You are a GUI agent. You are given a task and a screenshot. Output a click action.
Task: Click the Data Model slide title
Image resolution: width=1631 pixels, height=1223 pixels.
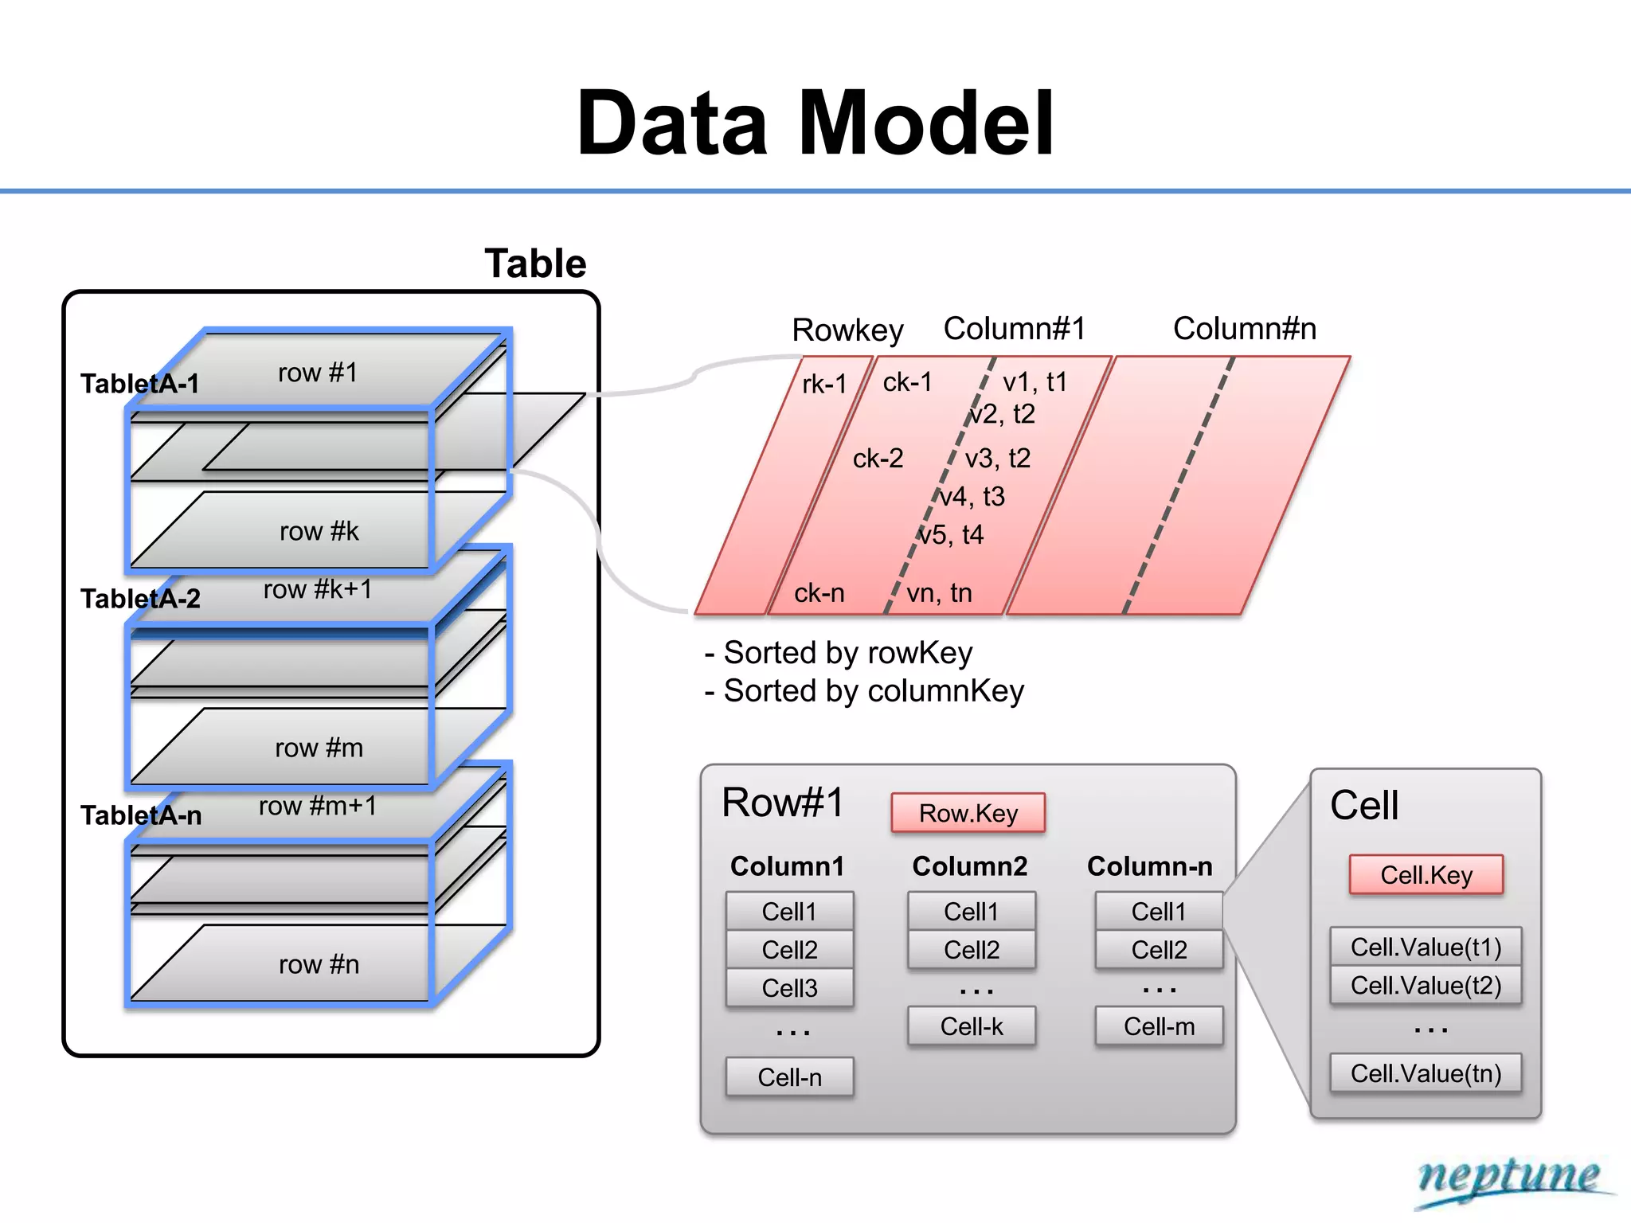pos(815,124)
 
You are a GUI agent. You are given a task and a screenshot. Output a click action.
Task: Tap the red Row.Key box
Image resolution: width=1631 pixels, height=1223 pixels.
pos(968,813)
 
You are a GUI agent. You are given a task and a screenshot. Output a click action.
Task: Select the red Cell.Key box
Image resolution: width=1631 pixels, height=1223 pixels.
pos(1426,875)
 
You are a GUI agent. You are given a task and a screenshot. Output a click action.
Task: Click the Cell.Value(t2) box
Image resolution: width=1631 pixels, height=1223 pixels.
pos(1426,986)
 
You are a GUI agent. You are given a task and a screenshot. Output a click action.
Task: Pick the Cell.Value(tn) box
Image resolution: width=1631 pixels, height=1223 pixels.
pos(1426,1073)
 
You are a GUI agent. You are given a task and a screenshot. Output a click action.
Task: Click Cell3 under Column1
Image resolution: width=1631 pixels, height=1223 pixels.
pos(789,988)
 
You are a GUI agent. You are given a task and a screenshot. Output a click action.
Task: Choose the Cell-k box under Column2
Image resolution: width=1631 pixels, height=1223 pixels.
pos(972,1026)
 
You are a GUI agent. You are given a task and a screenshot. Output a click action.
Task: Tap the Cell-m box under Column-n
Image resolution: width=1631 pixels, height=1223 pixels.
pos(1159,1026)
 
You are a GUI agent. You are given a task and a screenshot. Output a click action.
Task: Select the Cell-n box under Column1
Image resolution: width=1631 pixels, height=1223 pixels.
pos(789,1077)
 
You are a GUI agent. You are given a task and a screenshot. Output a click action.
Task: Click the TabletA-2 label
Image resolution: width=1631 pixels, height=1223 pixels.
pos(140,599)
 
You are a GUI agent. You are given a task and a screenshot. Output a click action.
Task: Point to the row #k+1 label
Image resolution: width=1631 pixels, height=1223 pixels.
pos(318,589)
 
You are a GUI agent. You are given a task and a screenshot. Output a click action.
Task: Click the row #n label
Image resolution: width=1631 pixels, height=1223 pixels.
pos(319,964)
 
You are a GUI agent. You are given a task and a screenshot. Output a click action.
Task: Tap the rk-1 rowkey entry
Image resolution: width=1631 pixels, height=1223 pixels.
pos(824,385)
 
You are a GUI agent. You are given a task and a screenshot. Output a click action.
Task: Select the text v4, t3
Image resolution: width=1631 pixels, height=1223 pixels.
pos(972,497)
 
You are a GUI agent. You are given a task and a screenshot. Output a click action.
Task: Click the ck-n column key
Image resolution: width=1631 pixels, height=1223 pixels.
pos(819,593)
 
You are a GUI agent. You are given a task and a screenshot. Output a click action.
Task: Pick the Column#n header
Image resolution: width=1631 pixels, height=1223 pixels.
pos(1244,329)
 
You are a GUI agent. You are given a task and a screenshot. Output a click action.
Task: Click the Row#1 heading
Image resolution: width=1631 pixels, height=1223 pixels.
pos(782,803)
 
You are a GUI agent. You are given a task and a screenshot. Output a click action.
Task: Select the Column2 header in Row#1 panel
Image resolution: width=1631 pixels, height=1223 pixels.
pos(969,866)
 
